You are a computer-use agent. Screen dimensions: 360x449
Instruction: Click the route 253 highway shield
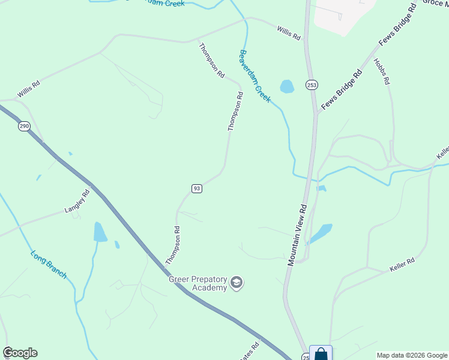(311, 85)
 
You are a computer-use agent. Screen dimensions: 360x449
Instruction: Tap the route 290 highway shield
(23, 127)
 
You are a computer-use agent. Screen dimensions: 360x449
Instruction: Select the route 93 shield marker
(197, 188)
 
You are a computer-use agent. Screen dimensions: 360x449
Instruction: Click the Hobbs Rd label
(382, 71)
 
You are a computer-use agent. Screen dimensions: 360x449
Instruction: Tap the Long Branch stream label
(49, 264)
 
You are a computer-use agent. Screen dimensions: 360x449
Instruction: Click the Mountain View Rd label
(297, 234)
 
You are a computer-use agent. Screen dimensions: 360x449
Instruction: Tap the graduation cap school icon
(237, 283)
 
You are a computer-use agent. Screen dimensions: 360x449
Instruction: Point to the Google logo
(20, 353)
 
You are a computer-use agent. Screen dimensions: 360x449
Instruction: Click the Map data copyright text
(412, 355)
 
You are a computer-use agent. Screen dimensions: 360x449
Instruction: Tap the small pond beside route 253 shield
(287, 86)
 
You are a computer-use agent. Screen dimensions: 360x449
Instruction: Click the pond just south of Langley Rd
(100, 232)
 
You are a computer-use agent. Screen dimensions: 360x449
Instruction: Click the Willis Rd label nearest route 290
(28, 90)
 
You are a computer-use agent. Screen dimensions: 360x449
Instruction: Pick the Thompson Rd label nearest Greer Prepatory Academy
(173, 245)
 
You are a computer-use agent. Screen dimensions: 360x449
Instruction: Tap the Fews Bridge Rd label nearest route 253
(342, 89)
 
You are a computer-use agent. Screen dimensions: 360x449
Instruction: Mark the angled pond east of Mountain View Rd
(320, 233)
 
